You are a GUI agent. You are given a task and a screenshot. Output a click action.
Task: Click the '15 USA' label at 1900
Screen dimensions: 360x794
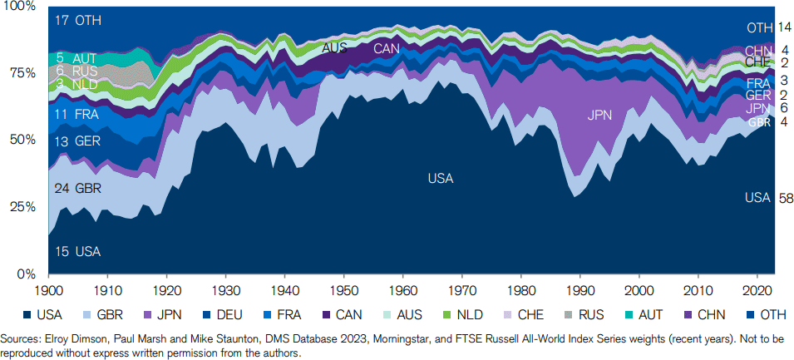tap(79, 251)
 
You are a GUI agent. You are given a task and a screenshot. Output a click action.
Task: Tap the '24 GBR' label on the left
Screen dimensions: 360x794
tap(78, 189)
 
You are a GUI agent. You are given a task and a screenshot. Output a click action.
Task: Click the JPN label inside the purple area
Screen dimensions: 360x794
tap(600, 116)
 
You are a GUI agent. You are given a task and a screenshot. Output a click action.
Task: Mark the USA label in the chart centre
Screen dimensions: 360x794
tap(441, 178)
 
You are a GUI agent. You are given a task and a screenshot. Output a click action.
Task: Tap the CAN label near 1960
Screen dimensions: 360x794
tap(387, 48)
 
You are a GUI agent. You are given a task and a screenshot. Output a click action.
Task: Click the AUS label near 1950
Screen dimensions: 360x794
tap(334, 48)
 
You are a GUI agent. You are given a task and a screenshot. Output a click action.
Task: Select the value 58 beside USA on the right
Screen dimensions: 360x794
tap(786, 198)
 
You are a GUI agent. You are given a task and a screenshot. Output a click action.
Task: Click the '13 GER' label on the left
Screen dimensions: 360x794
tap(78, 141)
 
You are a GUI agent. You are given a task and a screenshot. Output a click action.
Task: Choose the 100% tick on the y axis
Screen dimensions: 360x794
tap(18, 7)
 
